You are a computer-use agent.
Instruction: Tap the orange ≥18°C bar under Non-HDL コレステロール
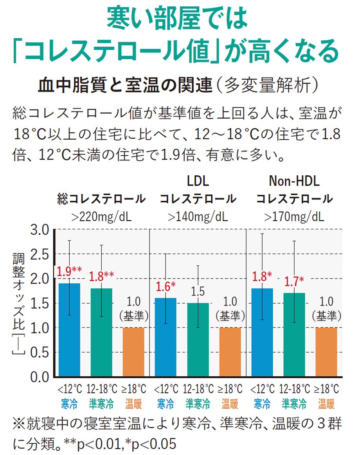326,352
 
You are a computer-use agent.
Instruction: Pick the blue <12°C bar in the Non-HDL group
262,332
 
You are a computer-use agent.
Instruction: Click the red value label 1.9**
70,271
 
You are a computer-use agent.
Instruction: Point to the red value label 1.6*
166,286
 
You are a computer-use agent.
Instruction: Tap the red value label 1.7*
294,281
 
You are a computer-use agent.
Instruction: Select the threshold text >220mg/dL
101,216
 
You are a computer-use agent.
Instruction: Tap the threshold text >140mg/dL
198,216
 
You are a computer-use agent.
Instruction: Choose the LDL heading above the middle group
198,181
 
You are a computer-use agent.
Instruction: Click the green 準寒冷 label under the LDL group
198,403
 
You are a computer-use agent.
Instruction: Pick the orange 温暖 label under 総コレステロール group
134,403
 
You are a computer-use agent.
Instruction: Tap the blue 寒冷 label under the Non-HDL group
262,403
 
